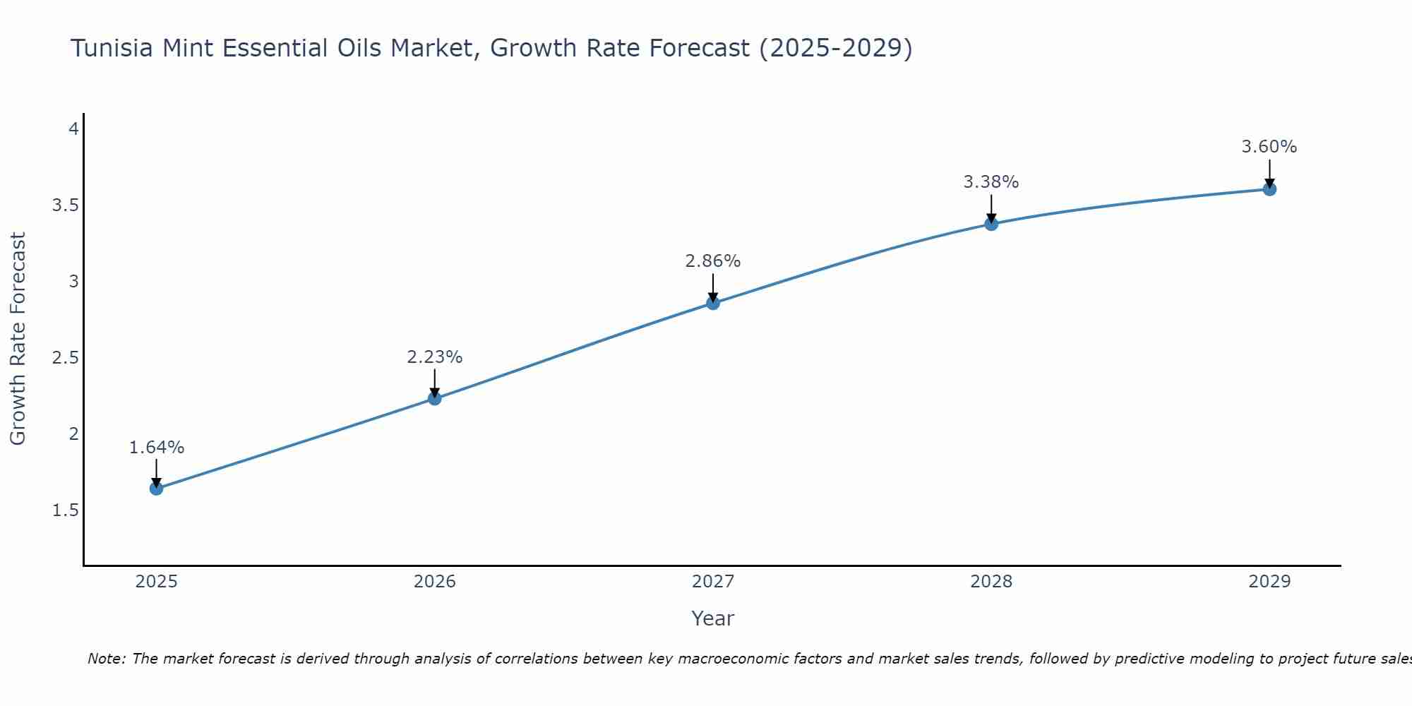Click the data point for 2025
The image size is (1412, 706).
pyautogui.click(x=157, y=489)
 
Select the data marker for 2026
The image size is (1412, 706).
pyautogui.click(x=435, y=399)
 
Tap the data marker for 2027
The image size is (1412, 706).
pyautogui.click(x=713, y=303)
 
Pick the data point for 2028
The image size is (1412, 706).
pyautogui.click(x=991, y=224)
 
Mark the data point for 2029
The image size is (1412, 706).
pyautogui.click(x=1269, y=189)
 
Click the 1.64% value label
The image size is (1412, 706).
pyautogui.click(x=157, y=448)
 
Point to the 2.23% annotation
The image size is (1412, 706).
pyautogui.click(x=435, y=357)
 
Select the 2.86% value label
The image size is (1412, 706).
pyautogui.click(x=713, y=261)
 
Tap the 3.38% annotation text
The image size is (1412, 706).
pyautogui.click(x=991, y=182)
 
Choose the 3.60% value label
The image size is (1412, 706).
pyautogui.click(x=1269, y=147)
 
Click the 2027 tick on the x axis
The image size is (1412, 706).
pyautogui.click(x=713, y=582)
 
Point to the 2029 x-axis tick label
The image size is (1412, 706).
pyautogui.click(x=1269, y=582)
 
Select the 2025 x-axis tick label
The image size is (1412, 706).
pyautogui.click(x=157, y=582)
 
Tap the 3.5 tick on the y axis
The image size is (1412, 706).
pyautogui.click(x=65, y=205)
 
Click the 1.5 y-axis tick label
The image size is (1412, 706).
pyautogui.click(x=65, y=510)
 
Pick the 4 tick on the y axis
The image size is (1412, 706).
pyautogui.click(x=73, y=129)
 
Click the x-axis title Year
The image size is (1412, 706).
pyautogui.click(x=713, y=618)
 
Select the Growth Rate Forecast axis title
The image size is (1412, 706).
pyautogui.click(x=18, y=339)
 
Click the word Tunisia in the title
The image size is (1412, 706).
pyautogui.click(x=112, y=48)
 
